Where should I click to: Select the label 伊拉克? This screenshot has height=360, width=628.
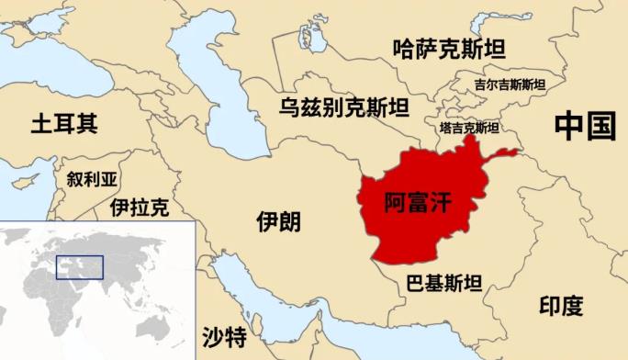click(x=140, y=208)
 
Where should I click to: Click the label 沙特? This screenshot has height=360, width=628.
click(x=224, y=333)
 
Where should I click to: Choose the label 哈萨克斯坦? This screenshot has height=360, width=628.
click(x=448, y=49)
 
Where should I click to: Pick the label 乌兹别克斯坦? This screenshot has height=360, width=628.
click(x=344, y=108)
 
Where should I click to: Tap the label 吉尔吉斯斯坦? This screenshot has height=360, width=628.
click(x=510, y=84)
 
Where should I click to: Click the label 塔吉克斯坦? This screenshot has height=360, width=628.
click(x=469, y=128)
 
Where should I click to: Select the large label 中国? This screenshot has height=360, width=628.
click(x=584, y=127)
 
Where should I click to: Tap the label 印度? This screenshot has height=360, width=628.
click(x=560, y=306)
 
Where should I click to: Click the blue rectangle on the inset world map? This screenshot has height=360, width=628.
click(x=80, y=266)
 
